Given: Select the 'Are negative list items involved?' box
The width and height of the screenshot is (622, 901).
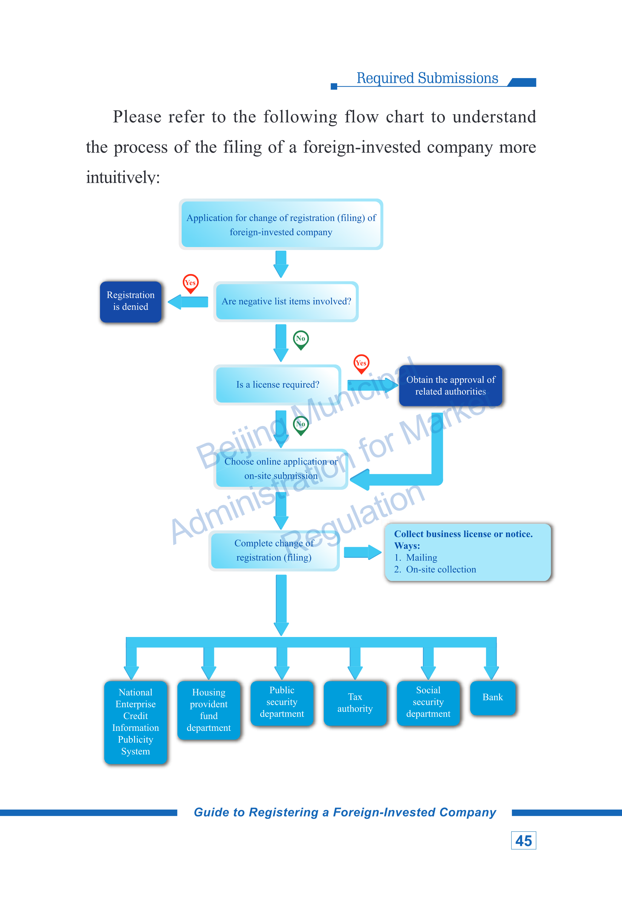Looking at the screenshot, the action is [x=286, y=301].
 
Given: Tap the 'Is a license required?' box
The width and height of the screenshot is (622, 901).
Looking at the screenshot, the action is [x=278, y=384].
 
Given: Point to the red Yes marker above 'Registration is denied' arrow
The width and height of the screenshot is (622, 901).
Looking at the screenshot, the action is [x=191, y=283].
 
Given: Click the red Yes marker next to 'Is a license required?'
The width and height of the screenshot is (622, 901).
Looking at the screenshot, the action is [x=361, y=364].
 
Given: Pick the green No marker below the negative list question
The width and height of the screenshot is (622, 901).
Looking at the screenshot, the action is [x=301, y=340].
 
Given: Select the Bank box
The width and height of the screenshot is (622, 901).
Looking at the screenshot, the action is [x=493, y=698].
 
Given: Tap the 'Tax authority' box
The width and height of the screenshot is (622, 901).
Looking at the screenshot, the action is [x=355, y=703].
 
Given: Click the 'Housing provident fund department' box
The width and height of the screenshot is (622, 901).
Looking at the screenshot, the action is [x=209, y=710].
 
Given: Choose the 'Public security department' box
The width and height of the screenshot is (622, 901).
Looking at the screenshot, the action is [x=282, y=703].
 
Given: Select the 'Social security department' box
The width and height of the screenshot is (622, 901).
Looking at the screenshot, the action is [x=428, y=703].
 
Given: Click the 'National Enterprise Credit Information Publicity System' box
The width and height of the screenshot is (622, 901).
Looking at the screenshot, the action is [x=136, y=722].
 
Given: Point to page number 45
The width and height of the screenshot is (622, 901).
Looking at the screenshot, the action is [x=523, y=840].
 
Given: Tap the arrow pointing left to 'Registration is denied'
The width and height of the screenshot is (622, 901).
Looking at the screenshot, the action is [x=188, y=302].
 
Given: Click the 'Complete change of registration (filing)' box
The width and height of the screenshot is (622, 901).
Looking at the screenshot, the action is [x=274, y=550].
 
